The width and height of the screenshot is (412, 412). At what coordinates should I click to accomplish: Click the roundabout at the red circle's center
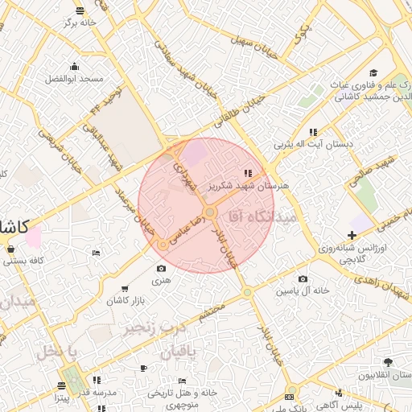click(x=210, y=212)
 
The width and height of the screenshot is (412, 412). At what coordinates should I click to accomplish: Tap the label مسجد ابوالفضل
click(x=75, y=79)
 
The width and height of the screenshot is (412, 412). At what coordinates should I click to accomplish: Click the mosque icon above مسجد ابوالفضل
click(x=75, y=66)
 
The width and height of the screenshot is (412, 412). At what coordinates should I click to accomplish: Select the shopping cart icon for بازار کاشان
click(x=124, y=288)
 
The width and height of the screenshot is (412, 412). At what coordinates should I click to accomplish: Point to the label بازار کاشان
click(x=124, y=300)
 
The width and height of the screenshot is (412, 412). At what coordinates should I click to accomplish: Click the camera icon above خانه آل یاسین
click(x=280, y=278)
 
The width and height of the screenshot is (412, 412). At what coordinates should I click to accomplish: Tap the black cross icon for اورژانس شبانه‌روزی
click(x=352, y=234)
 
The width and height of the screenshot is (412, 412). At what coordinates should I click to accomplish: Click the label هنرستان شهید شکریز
click(x=249, y=185)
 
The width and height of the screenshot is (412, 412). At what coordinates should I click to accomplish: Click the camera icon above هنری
click(x=162, y=268)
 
